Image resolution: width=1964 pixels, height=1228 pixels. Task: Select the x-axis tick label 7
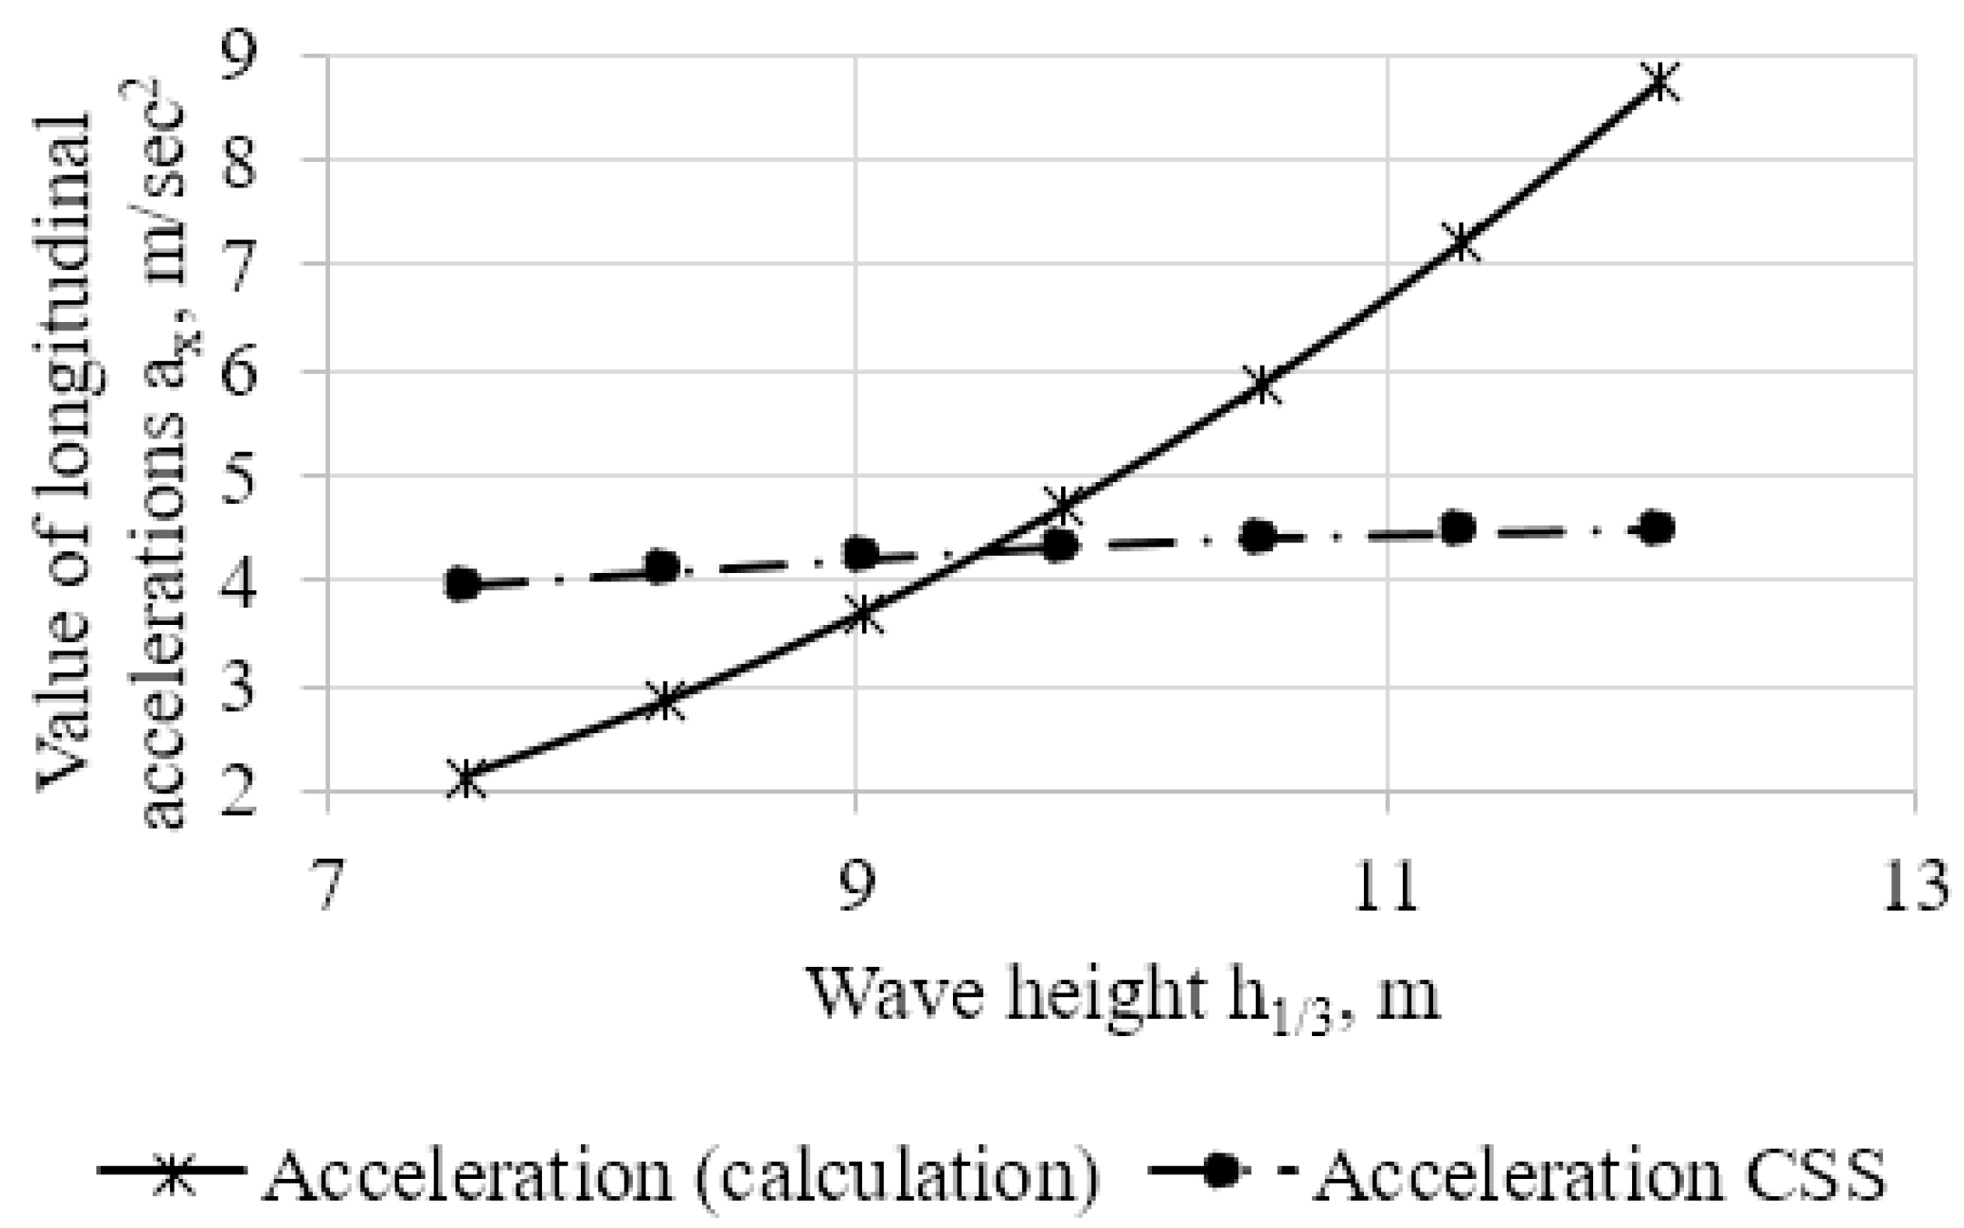(327, 884)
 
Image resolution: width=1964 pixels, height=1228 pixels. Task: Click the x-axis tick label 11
(1386, 884)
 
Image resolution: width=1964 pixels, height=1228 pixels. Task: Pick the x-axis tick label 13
(1915, 884)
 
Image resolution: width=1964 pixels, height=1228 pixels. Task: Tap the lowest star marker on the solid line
(466, 779)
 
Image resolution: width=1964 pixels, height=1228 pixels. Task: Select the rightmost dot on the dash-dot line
(1658, 528)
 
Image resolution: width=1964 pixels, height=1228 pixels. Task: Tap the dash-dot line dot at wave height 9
(860, 552)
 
